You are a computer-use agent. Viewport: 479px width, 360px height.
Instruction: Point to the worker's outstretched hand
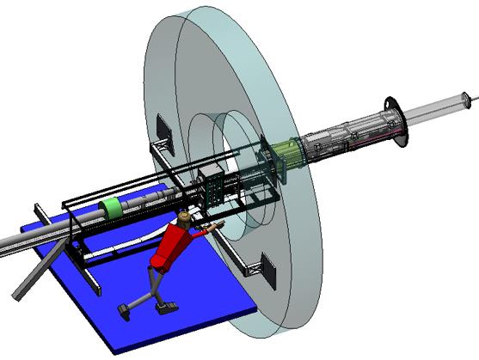218,224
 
